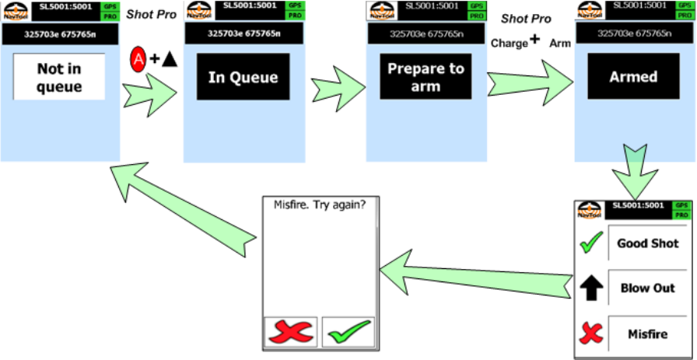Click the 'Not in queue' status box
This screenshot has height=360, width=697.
click(59, 77)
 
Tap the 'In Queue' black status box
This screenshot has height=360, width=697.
click(242, 77)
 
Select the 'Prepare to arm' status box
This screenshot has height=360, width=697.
click(426, 77)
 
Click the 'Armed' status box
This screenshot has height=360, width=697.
click(633, 77)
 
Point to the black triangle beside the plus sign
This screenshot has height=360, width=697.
click(170, 58)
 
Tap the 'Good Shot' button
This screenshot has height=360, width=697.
click(647, 243)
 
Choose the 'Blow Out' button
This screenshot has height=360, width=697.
click(647, 288)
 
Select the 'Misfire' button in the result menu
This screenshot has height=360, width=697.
click(647, 334)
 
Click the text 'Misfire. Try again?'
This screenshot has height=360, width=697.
click(320, 205)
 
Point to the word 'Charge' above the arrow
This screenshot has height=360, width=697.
click(509, 44)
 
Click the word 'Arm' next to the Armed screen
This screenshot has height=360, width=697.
click(560, 44)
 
